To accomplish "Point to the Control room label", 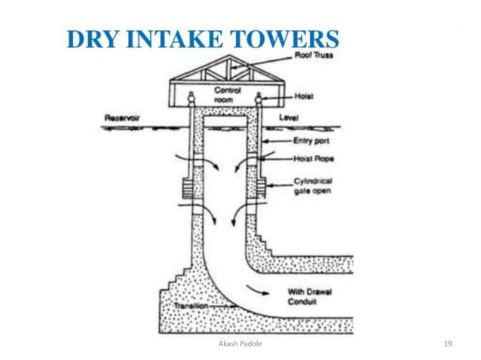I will pos(227,93).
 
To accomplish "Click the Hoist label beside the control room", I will pos(303,97).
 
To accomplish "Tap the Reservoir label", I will pos(120,117).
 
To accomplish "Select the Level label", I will pos(289,117).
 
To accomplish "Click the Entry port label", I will pos(308,141).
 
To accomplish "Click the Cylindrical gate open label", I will pos(312,186).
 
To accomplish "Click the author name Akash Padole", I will pos(240,343).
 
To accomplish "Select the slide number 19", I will pos(448,343).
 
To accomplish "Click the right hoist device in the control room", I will pos(259,98).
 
